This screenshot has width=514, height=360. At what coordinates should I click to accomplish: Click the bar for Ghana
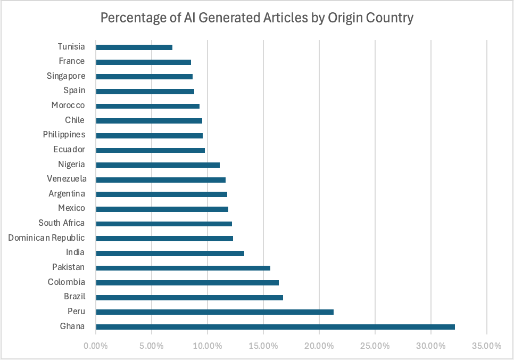[275, 326]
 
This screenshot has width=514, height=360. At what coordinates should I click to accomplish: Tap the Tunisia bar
[134, 47]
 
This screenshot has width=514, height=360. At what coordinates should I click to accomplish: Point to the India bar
[170, 252]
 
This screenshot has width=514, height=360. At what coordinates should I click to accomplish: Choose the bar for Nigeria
[157, 165]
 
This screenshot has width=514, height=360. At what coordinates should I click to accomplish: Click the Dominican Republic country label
[46, 238]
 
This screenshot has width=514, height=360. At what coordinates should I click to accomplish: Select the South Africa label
[61, 223]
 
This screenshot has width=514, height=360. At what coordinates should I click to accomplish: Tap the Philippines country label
[64, 135]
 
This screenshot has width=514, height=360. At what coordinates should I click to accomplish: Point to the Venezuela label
[67, 179]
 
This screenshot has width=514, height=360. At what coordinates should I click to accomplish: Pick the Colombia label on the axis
[66, 282]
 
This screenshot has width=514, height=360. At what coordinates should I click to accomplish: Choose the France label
[72, 61]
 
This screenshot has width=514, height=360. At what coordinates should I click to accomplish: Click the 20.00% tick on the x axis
[319, 346]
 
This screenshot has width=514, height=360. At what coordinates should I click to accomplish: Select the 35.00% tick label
[487, 346]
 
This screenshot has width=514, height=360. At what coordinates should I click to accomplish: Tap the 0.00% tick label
[96, 346]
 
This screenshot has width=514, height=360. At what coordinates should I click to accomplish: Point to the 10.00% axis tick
[208, 346]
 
